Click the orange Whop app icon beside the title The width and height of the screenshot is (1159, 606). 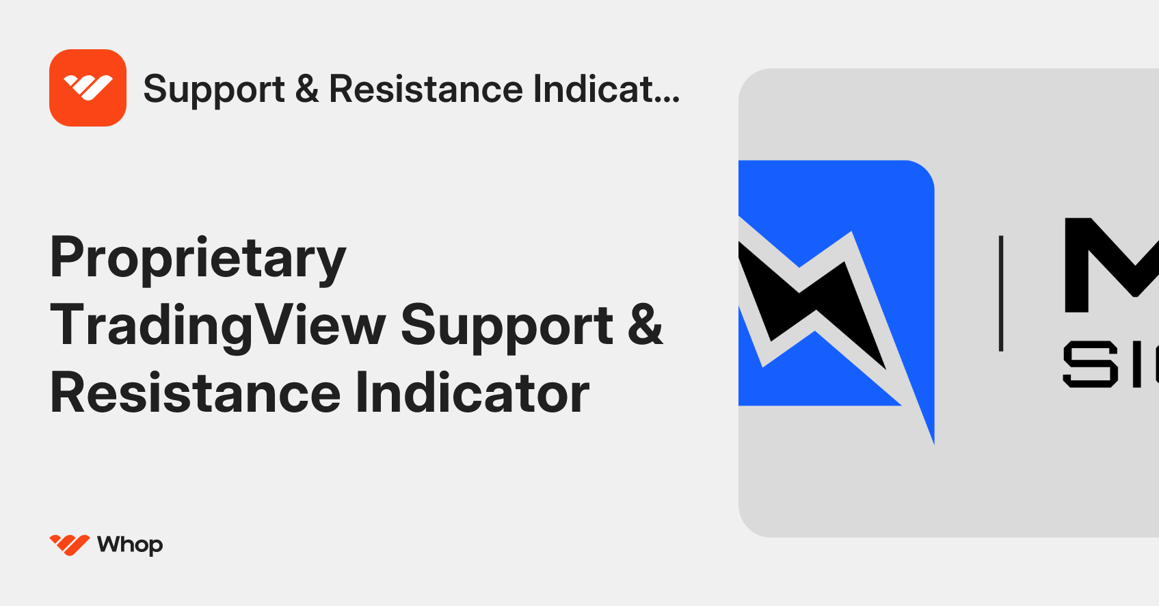pos(88,88)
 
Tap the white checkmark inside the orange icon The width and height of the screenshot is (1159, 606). pos(88,88)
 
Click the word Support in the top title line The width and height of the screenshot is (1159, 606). pos(213,90)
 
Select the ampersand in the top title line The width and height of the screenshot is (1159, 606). pos(307,89)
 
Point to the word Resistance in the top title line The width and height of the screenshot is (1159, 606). pos(426,89)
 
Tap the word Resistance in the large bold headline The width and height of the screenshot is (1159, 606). pos(196,393)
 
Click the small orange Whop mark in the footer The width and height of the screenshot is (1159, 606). pos(69,544)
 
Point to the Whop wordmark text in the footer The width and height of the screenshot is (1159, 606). pos(130,544)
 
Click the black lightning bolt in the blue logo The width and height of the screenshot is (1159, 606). pos(814,301)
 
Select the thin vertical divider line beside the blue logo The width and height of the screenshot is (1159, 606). pos(1001,293)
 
